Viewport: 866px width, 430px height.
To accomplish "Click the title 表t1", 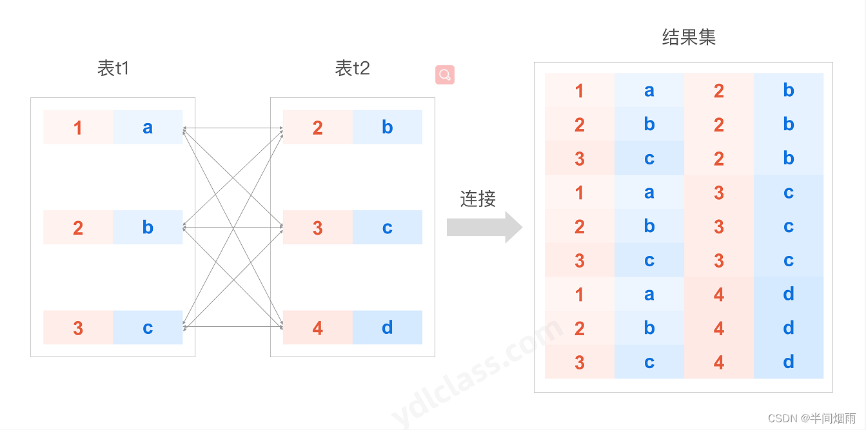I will (x=113, y=68).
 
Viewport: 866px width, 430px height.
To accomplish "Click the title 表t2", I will (x=353, y=68).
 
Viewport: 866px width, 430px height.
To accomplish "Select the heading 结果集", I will (x=689, y=37).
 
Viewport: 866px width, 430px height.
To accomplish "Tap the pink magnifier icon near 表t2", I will (x=445, y=75).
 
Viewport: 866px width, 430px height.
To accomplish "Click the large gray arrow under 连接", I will (x=484, y=227).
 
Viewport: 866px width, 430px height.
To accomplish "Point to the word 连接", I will (x=478, y=199).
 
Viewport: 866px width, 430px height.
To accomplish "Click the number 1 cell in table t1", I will (x=78, y=127).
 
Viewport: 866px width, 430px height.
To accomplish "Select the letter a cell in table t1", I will (x=148, y=127).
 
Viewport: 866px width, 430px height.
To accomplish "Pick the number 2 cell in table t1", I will (x=78, y=228).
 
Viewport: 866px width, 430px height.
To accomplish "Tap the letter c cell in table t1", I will (x=148, y=327).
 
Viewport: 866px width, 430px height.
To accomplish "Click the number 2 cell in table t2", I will (x=317, y=127).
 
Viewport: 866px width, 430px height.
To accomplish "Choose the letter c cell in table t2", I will (x=387, y=228).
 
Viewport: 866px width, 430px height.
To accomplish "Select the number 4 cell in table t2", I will (x=317, y=327).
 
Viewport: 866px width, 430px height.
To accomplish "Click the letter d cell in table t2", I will (x=387, y=327).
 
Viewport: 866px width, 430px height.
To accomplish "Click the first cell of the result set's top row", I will (x=579, y=90).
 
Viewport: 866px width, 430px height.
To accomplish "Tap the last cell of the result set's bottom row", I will (x=789, y=362).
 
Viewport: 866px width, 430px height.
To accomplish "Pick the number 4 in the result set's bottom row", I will (x=719, y=362).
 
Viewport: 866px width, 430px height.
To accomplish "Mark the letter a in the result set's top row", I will (x=649, y=90).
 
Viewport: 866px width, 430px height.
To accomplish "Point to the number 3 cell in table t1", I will (x=78, y=327).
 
